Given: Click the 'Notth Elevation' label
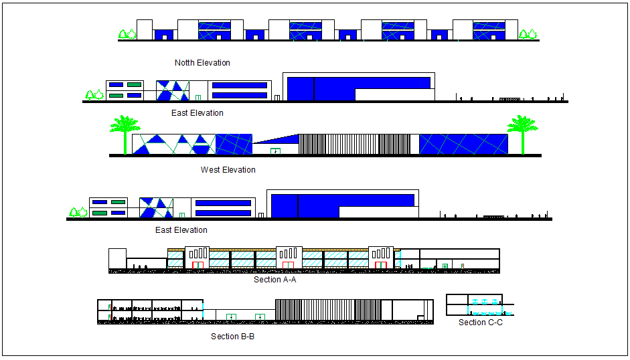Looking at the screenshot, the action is [202, 63].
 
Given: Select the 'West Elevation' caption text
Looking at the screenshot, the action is [228, 170].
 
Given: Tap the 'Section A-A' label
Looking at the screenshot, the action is [274, 280].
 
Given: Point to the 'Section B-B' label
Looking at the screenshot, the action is [232, 336].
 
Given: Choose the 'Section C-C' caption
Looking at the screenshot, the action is [480, 323].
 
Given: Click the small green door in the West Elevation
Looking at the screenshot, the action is [274, 151].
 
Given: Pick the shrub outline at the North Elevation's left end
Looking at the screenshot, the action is [127, 34].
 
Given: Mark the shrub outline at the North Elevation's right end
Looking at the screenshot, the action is [528, 34].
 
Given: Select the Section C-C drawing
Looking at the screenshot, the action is [479, 305].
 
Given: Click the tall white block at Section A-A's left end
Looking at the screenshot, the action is [117, 260].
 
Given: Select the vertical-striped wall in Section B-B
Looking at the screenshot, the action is [328, 310].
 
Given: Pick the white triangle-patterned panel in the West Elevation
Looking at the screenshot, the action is [174, 145].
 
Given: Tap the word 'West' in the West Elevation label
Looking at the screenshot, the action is [210, 170].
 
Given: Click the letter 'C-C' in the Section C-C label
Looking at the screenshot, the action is [495, 323].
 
